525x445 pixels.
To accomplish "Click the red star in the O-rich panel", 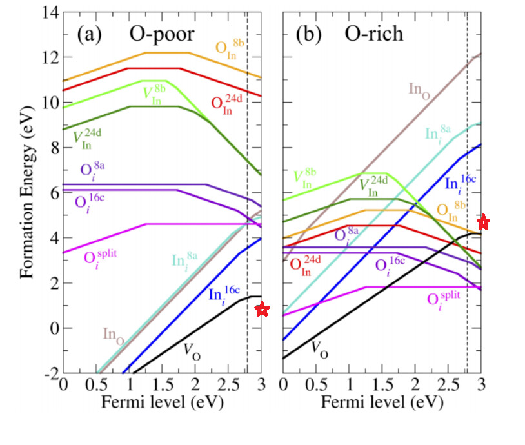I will (x=483, y=223).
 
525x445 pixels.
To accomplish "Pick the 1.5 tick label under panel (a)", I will (x=163, y=386).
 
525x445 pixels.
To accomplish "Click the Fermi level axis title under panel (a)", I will (x=162, y=404).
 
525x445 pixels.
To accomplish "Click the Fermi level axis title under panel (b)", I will (x=382, y=404).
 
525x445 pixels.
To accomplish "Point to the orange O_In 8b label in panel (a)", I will (x=230, y=47).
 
